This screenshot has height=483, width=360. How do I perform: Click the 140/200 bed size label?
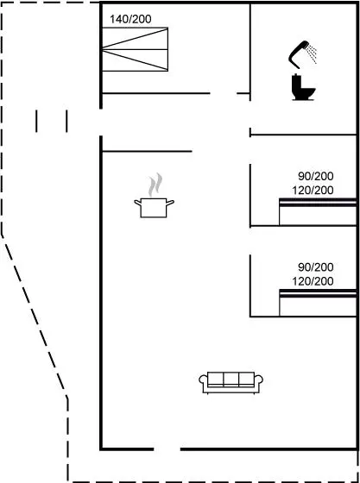130,19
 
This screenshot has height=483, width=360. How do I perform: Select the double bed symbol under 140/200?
135,49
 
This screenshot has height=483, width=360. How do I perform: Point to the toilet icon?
303,87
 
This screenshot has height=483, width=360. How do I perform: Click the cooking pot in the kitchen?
154,208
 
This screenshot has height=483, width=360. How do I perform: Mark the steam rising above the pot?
155,185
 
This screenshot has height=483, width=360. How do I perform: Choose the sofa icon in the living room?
231,383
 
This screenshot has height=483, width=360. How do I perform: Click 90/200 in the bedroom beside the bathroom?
316,177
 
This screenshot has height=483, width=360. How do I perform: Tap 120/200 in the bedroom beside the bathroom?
313,191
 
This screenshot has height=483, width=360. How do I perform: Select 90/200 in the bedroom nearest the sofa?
316,267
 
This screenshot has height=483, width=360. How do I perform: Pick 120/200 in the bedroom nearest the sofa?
313,281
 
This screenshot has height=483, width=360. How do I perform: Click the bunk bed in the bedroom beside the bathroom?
318,212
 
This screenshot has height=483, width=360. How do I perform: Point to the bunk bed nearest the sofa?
318,303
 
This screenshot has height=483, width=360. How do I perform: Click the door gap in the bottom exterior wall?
167,449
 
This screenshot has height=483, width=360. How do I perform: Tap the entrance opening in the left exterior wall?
101,122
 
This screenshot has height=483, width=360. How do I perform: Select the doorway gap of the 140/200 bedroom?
224,93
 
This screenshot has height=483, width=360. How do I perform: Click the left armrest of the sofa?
203,380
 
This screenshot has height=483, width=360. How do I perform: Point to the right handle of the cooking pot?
170,203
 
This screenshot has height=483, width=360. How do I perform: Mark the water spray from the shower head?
312,53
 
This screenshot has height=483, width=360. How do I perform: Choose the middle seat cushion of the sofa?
231,379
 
